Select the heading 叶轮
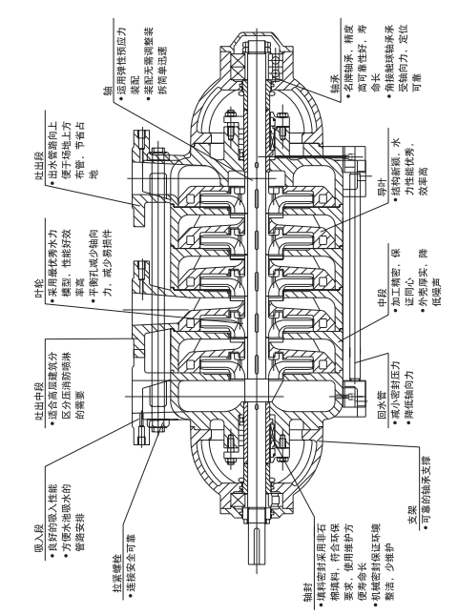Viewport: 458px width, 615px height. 40,289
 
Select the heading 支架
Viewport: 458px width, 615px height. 412,516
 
